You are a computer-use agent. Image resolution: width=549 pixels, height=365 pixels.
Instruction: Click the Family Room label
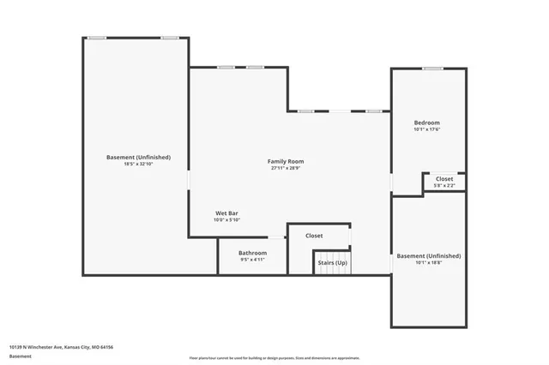285,161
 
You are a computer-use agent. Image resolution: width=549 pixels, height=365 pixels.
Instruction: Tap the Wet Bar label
226,212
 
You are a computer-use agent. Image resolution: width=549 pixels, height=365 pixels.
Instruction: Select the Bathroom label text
252,253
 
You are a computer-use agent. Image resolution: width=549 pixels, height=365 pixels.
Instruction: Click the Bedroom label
426,123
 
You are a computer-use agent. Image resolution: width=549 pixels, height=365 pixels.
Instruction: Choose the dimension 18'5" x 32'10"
138,164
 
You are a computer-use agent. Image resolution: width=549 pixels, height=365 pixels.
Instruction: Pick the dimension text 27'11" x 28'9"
285,168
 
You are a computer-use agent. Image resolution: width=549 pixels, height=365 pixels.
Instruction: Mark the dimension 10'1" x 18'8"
428,263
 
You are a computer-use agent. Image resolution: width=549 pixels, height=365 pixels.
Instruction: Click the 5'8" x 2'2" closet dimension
444,185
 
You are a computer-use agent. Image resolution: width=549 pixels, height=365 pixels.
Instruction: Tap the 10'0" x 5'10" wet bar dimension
226,220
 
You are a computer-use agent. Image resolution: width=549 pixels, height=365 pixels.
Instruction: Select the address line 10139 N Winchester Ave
61,347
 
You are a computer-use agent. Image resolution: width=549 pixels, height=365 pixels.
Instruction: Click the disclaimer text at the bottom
274,358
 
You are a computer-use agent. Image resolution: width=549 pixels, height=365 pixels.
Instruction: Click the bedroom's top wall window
432,69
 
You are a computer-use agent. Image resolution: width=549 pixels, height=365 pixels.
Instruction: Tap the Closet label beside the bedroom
444,178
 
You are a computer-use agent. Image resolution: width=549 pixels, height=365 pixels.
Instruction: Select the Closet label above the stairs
314,236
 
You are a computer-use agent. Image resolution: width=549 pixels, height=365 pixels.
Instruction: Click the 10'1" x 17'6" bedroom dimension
426,130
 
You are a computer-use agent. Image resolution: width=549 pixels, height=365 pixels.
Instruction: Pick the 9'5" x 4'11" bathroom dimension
252,260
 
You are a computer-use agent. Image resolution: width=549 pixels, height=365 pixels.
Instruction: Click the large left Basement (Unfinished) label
138,157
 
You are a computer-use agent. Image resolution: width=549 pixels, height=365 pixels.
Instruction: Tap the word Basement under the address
20,355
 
